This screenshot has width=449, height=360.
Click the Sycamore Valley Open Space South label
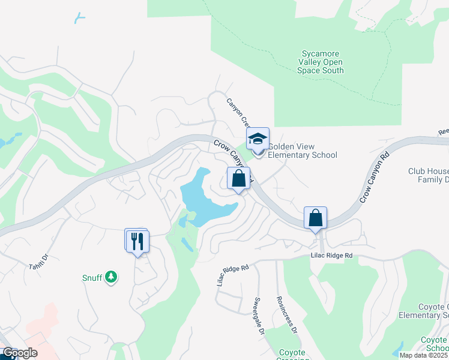coord(321,62)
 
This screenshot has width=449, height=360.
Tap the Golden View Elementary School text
coord(302,151)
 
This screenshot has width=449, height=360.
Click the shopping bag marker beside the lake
coord(238,178)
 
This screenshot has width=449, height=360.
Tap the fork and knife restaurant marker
coord(138,241)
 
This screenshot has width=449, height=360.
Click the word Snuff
coord(92,277)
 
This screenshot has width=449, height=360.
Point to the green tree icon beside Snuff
coord(110,277)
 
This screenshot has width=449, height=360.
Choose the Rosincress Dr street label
coord(287,314)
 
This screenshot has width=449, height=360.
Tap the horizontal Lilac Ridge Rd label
coord(331,256)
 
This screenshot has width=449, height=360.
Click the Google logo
coord(19,353)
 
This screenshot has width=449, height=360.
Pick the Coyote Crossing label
coord(292,356)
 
